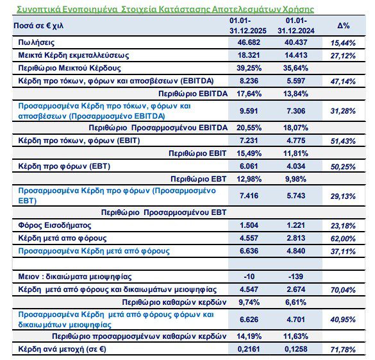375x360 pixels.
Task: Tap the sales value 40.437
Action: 294,42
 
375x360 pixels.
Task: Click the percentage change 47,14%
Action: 344,83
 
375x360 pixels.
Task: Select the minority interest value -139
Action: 295,276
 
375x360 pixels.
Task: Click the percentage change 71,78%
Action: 344,350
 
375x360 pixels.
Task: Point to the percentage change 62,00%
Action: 344,237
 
